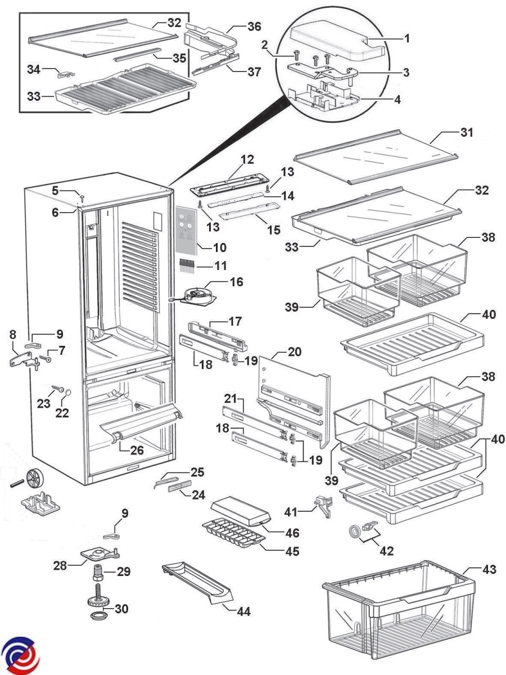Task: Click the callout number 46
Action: point(292,533)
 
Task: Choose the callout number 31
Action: point(467,134)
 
